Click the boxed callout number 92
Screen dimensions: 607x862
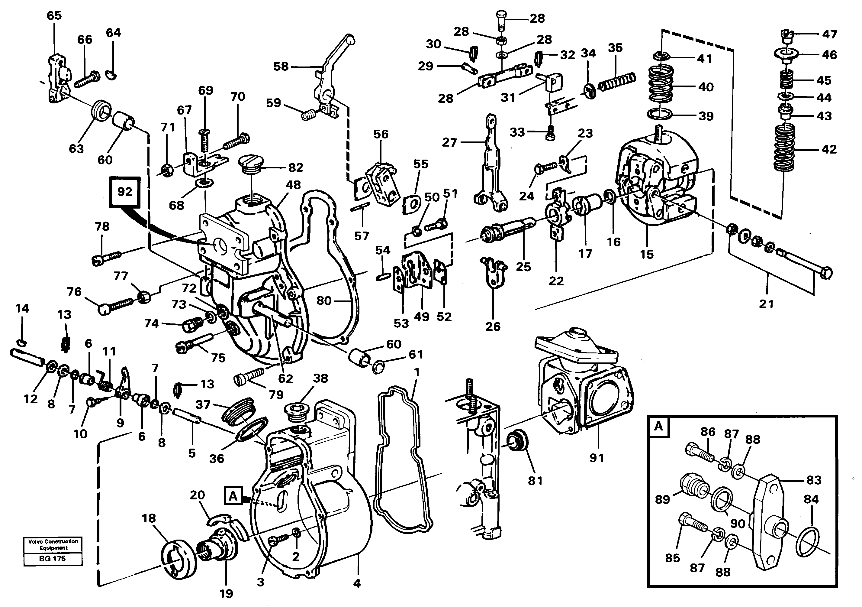[x=125, y=192]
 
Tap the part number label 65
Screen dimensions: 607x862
[x=54, y=16]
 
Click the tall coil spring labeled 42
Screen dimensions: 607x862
[x=783, y=149]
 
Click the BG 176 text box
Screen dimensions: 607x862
[x=53, y=559]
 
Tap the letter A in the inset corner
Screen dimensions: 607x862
[x=658, y=427]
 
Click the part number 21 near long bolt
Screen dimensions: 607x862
[x=766, y=304]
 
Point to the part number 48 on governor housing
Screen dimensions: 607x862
[x=293, y=185]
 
